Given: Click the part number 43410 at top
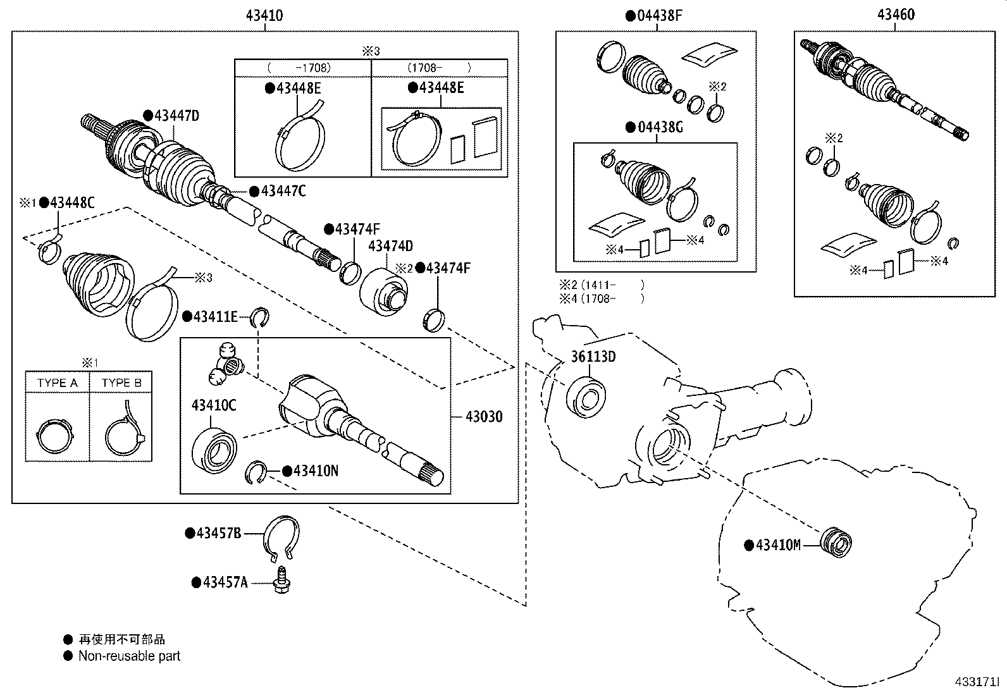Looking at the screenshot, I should [x=264, y=16].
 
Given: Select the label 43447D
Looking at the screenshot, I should [x=176, y=115].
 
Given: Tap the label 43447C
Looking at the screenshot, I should [x=283, y=190].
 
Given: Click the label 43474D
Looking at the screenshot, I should [x=390, y=246].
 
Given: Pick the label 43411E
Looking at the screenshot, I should [x=215, y=316].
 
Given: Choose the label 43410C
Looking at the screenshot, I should [x=214, y=405].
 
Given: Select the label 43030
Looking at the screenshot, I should [x=484, y=416].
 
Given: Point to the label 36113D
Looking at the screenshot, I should [x=593, y=357].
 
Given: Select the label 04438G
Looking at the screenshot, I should [x=660, y=127].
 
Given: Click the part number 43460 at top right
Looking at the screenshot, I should [x=895, y=15].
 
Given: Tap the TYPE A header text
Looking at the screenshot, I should [x=57, y=383].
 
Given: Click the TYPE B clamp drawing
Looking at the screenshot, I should [x=124, y=432].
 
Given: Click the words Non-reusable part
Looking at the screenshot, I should [x=129, y=656].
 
